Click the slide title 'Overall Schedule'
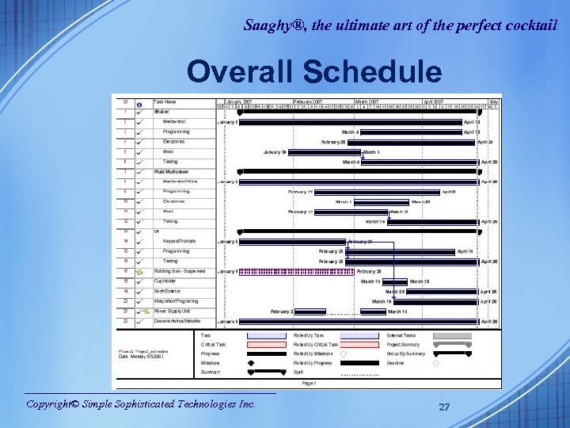(x=314, y=72)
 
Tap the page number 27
(x=444, y=407)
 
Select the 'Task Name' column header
(x=165, y=101)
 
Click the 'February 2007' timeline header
(x=307, y=101)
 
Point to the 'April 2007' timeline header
(x=433, y=101)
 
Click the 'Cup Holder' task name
(x=167, y=281)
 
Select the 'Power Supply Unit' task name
(x=173, y=311)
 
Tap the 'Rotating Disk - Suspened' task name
(x=179, y=271)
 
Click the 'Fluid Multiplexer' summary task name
(x=171, y=171)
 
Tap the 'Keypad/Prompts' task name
(x=179, y=241)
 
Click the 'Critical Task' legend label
(x=213, y=345)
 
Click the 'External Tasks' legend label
(x=402, y=335)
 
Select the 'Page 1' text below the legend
(x=309, y=383)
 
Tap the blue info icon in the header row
(x=139, y=103)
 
